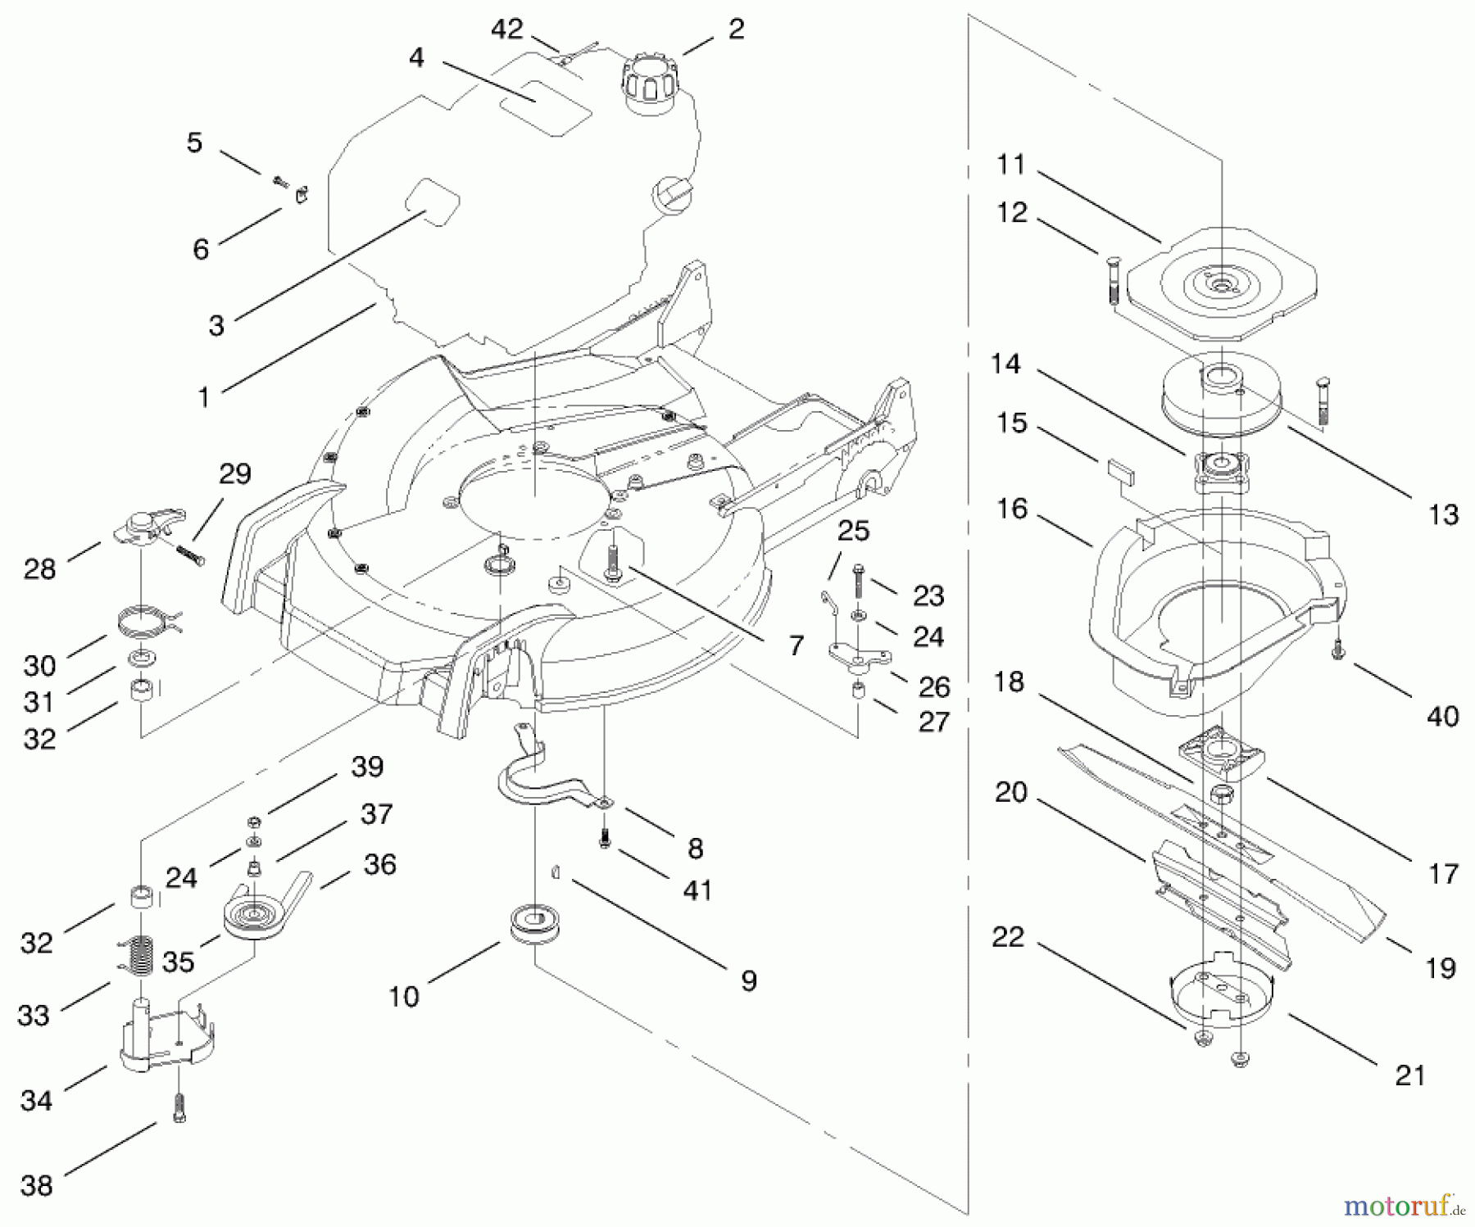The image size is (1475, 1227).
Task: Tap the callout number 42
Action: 506,29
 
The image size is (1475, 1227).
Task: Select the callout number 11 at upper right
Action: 1011,165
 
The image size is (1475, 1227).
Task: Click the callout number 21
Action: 1409,1074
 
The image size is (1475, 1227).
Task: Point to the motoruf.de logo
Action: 1403,1206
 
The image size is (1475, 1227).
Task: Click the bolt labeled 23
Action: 858,582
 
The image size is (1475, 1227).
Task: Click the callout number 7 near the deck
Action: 796,645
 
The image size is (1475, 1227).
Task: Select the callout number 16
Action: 1011,509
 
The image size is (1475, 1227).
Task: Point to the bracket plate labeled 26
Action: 859,656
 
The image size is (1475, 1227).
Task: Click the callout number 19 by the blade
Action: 1441,967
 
